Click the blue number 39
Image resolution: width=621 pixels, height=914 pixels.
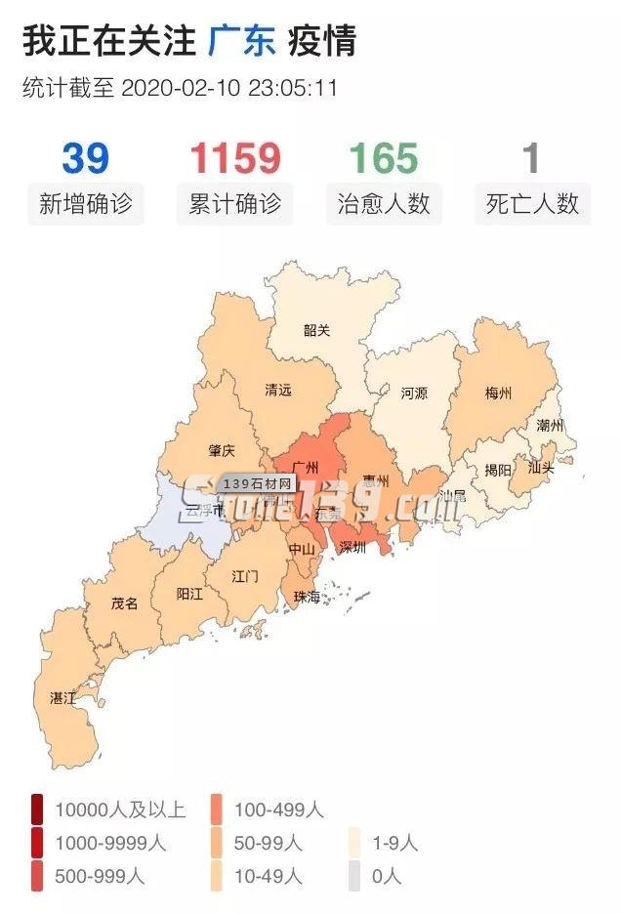pyautogui.click(x=85, y=158)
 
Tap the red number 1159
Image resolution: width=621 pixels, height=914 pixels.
pyautogui.click(x=234, y=158)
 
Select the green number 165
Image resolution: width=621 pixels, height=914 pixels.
pyautogui.click(x=384, y=158)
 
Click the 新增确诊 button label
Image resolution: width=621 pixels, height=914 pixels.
pyautogui.click(x=85, y=204)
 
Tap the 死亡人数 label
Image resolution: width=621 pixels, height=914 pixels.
pyautogui.click(x=532, y=204)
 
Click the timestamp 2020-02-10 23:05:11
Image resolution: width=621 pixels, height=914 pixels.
pyautogui.click(x=229, y=88)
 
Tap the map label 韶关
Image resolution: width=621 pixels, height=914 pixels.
pyautogui.click(x=316, y=330)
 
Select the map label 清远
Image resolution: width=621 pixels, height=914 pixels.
pyautogui.click(x=278, y=390)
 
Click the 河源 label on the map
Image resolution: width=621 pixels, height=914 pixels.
pyautogui.click(x=414, y=395)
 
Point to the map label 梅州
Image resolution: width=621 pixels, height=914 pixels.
pyautogui.click(x=498, y=395)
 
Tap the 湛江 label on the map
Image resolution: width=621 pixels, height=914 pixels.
pyautogui.click(x=63, y=698)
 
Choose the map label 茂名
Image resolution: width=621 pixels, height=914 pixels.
pyautogui.click(x=124, y=603)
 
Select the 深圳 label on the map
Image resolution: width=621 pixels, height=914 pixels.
pyautogui.click(x=352, y=548)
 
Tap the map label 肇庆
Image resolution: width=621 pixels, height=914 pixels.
pyautogui.click(x=222, y=451)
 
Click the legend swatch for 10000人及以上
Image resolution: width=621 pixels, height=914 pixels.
pyautogui.click(x=37, y=809)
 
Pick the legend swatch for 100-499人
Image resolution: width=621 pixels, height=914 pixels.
pyautogui.click(x=217, y=809)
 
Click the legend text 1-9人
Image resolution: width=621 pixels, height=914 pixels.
pyautogui.click(x=394, y=843)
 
